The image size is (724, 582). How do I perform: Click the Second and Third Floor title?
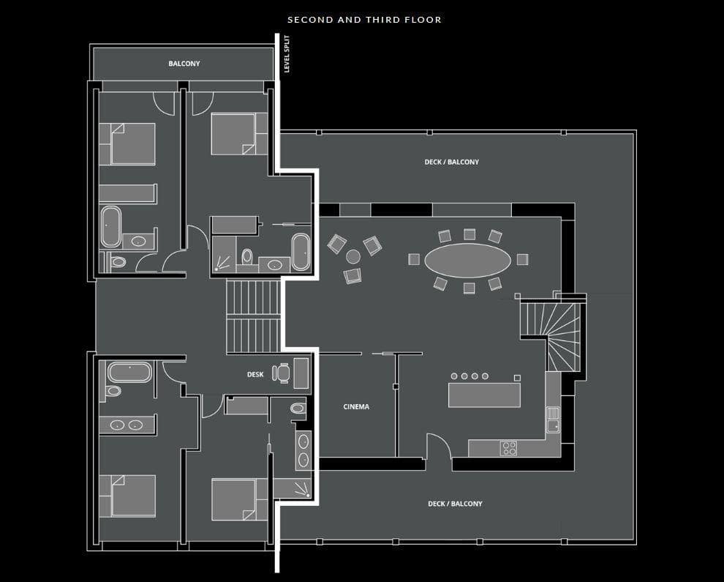[x=364, y=20]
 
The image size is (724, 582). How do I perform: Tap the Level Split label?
[x=287, y=54]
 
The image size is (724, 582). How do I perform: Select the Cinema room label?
[x=356, y=407]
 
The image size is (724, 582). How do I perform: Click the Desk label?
[x=255, y=374]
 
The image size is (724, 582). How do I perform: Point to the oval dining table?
[x=467, y=261]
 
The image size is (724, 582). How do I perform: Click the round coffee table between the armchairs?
[x=353, y=256]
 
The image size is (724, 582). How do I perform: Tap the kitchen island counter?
[x=484, y=395]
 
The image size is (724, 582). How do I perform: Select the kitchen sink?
[x=553, y=419]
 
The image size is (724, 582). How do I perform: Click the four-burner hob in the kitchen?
[x=509, y=448]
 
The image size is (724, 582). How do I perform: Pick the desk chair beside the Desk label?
[x=282, y=373]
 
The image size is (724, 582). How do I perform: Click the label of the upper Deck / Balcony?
[x=451, y=163]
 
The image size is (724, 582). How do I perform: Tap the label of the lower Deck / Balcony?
[x=455, y=504]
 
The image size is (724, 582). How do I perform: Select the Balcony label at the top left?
[x=184, y=64]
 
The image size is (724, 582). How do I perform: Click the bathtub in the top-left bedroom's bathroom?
[x=111, y=226]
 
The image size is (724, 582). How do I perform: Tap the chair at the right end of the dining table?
[x=522, y=259]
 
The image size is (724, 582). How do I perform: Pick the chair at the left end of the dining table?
[x=414, y=259]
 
